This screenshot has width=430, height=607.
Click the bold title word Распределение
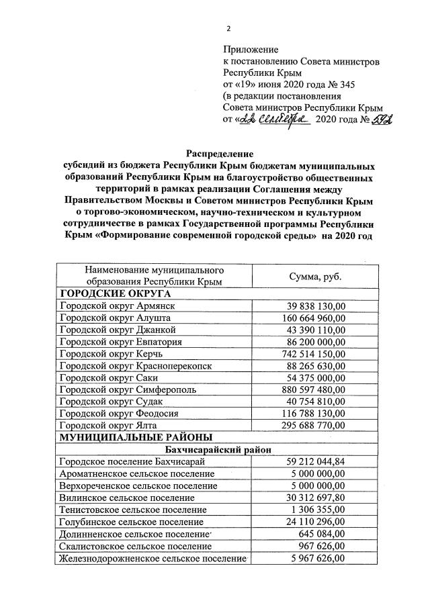click(214, 153)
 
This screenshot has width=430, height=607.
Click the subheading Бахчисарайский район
click(214, 449)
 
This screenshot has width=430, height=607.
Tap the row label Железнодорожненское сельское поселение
click(150, 558)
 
